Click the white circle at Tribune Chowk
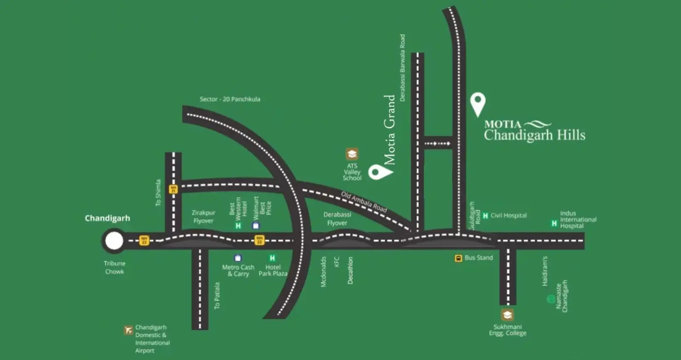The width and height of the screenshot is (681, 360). click(x=114, y=241)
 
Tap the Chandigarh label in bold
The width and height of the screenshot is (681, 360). click(x=107, y=218)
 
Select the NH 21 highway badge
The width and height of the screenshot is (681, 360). click(x=173, y=189)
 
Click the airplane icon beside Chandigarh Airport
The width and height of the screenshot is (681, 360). click(x=128, y=330)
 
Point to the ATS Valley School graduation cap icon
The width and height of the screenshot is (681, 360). click(x=352, y=154)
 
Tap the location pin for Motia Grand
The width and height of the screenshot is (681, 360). click(x=379, y=172)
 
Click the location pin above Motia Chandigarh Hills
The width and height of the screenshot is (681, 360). click(x=478, y=103)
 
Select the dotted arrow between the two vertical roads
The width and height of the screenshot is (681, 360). click(x=437, y=143)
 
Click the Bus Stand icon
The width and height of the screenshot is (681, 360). click(x=458, y=258)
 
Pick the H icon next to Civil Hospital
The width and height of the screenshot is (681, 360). click(x=485, y=216)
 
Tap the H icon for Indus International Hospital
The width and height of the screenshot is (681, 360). click(x=554, y=223)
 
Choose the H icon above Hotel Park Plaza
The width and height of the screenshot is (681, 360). click(x=272, y=258)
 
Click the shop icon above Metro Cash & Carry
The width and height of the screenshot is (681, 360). click(x=238, y=258)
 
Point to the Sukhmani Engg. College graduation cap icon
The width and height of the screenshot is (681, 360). click(x=507, y=315)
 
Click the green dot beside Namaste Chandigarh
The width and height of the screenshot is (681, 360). click(x=551, y=299)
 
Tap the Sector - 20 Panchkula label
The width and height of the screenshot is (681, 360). click(x=230, y=99)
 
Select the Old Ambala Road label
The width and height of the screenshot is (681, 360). click(x=364, y=202)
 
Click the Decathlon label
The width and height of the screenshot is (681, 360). click(x=350, y=270)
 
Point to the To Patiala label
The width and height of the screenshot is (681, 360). click(x=217, y=295)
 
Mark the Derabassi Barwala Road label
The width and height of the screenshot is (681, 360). click(x=402, y=68)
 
